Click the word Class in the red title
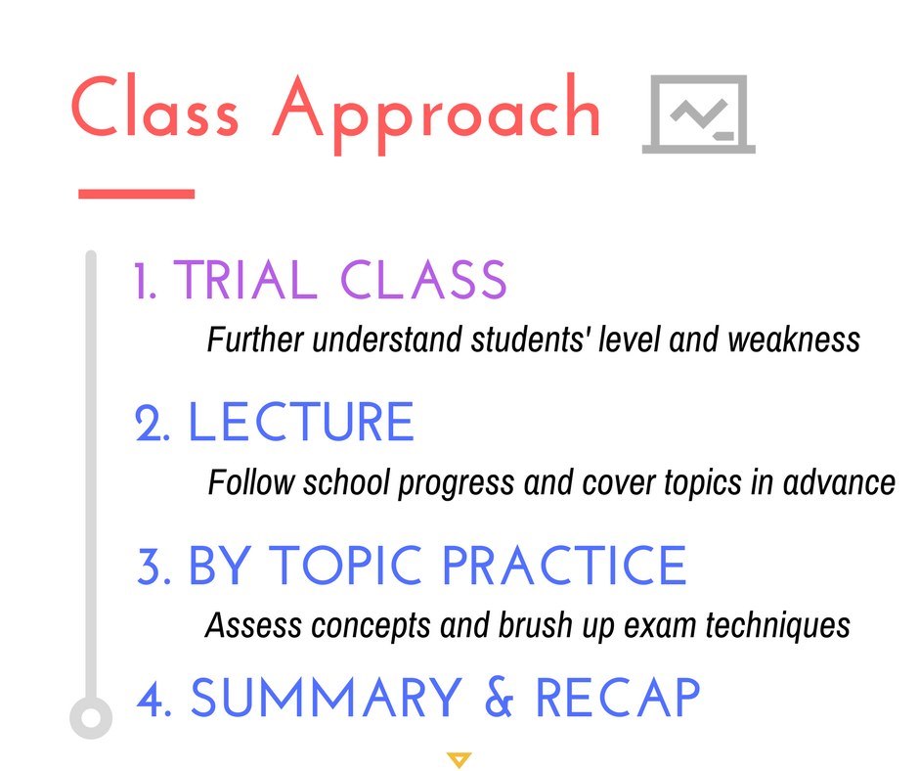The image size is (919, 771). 154,107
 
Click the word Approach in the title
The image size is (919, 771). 436,114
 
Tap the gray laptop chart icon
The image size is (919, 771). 699,113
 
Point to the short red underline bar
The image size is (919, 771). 137,194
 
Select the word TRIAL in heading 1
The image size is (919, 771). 245,280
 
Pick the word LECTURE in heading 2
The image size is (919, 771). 301,422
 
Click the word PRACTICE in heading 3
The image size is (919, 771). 564,566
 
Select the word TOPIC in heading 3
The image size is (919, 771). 348,566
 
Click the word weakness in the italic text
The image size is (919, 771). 794,340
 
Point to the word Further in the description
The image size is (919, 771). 255,340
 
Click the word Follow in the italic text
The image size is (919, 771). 251,482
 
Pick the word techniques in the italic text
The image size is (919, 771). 777,625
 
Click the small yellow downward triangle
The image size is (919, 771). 459,759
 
